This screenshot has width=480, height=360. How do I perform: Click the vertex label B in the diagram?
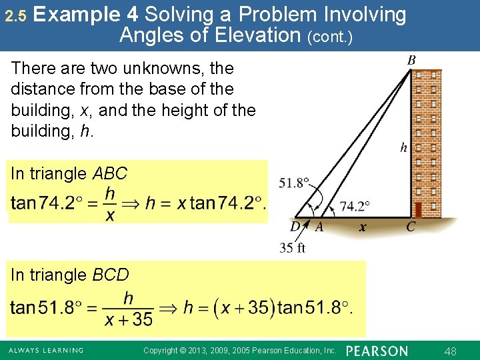(x=412, y=61)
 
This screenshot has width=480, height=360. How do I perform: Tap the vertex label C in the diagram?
(x=411, y=227)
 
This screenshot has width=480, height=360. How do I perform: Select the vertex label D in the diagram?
(x=295, y=227)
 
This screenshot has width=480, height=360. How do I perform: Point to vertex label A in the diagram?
(x=319, y=227)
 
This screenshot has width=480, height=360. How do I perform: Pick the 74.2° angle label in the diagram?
(x=355, y=206)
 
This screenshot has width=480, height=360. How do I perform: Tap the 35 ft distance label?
(x=292, y=249)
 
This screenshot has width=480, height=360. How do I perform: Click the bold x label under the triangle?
(x=362, y=227)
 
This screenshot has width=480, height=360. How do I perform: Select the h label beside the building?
(x=403, y=148)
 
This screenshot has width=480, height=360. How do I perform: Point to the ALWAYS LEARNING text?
(x=45, y=351)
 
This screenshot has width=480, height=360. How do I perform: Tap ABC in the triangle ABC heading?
(x=109, y=174)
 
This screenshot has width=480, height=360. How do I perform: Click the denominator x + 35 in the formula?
(x=129, y=319)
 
